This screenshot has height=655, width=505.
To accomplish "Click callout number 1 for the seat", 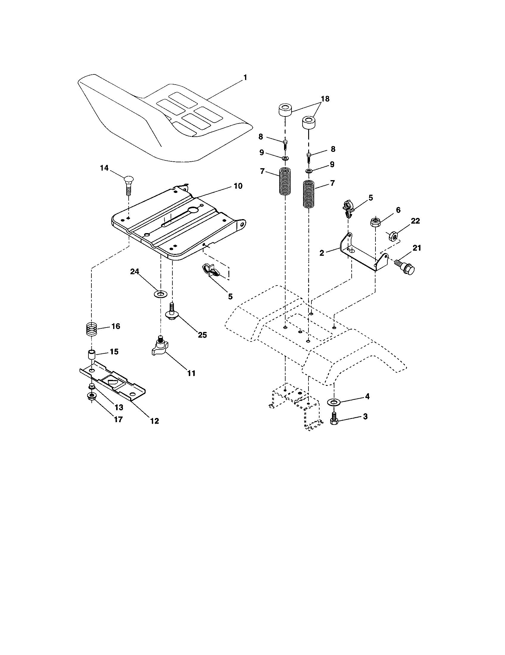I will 245,77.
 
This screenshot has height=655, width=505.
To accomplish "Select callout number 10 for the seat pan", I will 238,186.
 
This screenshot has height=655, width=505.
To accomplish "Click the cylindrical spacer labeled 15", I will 91,354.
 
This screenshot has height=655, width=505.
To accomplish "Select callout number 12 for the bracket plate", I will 155,421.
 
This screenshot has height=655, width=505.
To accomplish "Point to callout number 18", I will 325,99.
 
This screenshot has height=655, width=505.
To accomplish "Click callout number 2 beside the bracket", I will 322,253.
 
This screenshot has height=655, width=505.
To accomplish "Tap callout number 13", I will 119,407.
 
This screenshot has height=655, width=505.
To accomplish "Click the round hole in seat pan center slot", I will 194,210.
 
